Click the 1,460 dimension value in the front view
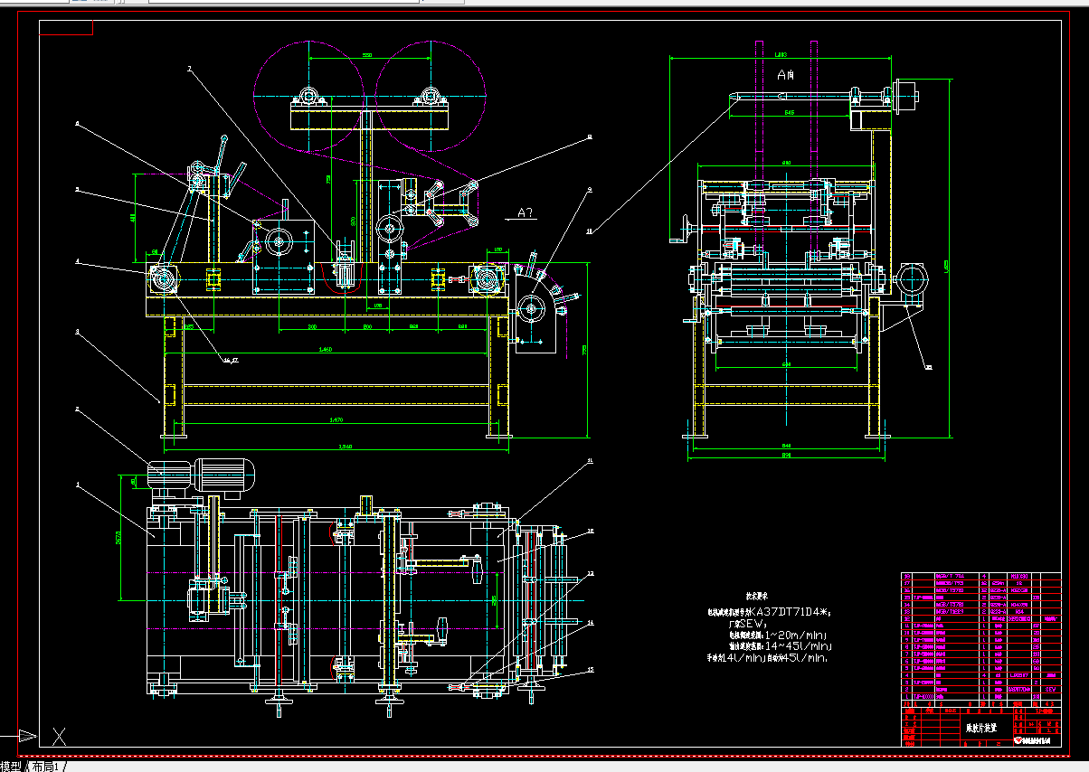coord(325,349)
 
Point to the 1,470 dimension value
coord(337,419)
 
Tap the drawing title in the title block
coord(981,727)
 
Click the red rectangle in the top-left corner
coord(66,26)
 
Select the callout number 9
coord(589,190)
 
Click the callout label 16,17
coord(231,360)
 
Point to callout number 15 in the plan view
coord(591,670)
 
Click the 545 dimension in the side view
coord(789,113)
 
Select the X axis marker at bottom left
coord(60,737)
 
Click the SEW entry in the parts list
coord(1050,689)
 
